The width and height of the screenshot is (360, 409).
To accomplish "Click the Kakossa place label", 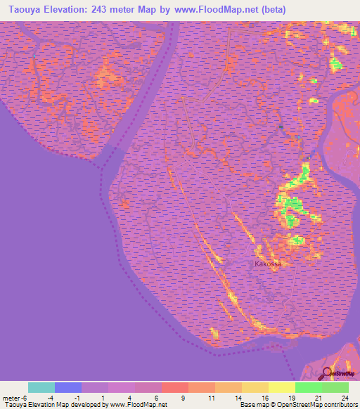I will click(268, 264).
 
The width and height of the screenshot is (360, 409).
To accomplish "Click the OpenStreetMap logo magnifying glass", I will click(326, 372).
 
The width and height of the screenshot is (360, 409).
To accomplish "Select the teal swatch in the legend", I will click(41, 387).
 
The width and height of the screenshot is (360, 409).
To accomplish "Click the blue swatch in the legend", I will click(68, 387).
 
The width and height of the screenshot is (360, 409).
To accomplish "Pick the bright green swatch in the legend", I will click(309, 387).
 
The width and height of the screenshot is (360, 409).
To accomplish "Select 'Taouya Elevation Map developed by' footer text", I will click(54, 405).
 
